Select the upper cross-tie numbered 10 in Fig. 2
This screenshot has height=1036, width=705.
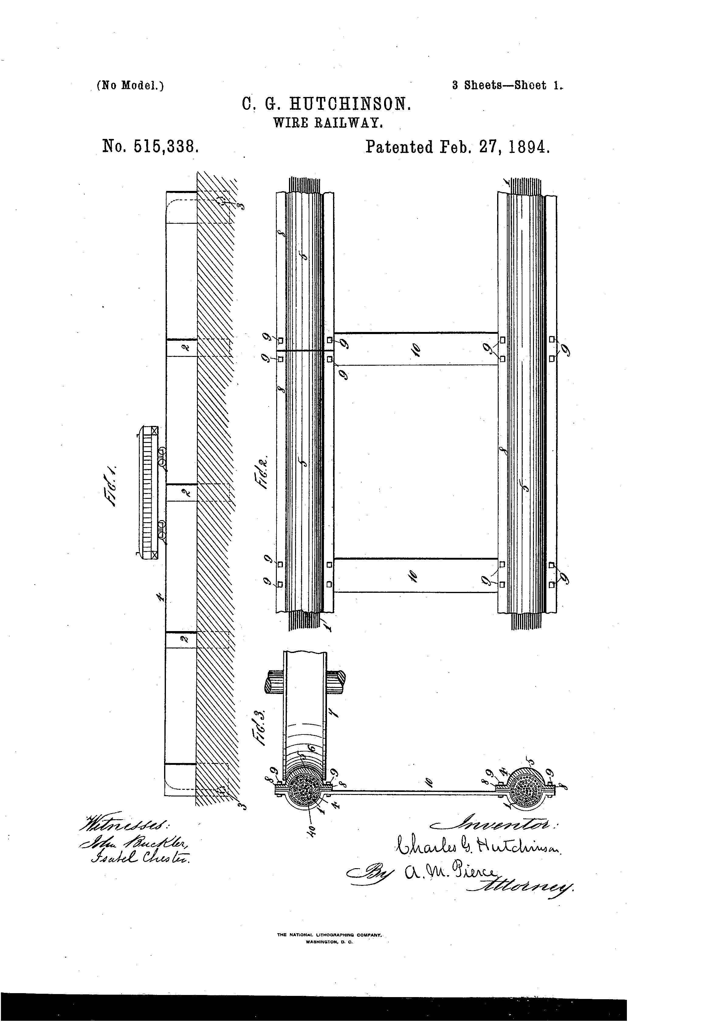[x=415, y=349]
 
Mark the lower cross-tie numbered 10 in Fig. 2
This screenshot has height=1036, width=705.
[x=415, y=575]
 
